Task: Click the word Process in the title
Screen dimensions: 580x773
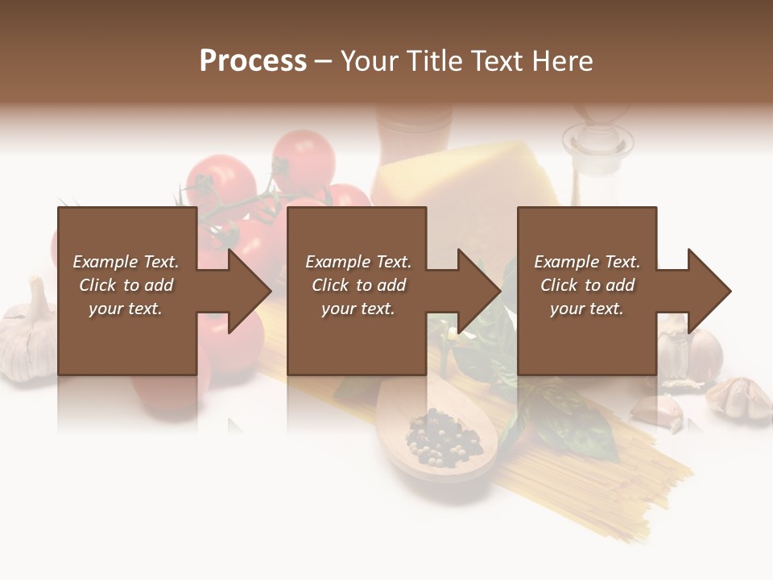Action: [x=253, y=61]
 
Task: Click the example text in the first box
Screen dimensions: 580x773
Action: [x=126, y=285]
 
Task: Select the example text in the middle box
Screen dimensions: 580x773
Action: [x=358, y=285]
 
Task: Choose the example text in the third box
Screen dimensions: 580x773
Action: [x=586, y=285]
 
